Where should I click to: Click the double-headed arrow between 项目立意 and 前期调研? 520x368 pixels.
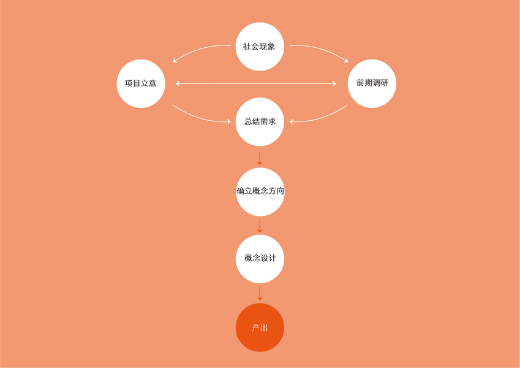256,83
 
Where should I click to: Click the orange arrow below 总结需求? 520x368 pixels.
260,158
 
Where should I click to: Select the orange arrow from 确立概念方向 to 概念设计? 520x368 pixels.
260,226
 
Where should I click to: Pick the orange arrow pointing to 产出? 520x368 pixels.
260,293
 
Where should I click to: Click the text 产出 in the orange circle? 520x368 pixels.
260,328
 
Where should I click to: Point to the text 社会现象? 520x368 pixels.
259,47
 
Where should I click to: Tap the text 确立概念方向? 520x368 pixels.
260,191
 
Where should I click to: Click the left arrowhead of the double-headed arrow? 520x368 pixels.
178,83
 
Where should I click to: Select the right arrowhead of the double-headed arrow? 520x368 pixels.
334,83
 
